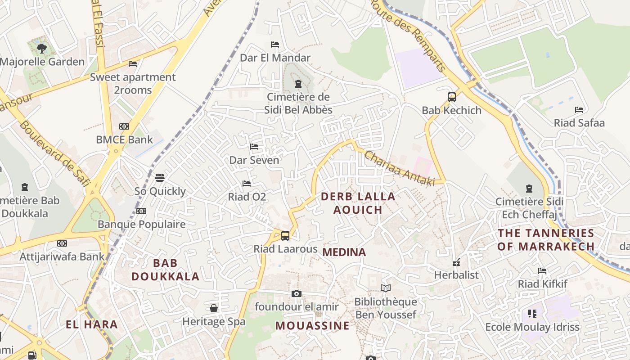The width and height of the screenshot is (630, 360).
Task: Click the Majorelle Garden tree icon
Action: click(42, 48)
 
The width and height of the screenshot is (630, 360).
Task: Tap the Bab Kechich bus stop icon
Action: click(451, 97)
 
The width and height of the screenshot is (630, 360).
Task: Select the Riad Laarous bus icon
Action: click(285, 235)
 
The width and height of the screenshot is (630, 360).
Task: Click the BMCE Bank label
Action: click(124, 139)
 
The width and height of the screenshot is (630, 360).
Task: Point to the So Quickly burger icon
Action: click(160, 178)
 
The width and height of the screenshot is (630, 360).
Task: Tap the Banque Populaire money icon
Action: click(141, 211)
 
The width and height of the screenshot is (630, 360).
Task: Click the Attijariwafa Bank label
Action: click(62, 257)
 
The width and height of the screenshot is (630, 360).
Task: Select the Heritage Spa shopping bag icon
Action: click(214, 308)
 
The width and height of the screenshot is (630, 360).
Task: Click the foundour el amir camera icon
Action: click(296, 293)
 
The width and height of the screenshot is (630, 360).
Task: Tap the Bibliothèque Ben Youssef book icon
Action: click(385, 288)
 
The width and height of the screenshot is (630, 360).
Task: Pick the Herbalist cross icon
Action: click(456, 262)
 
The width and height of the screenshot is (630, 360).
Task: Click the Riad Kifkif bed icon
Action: click(542, 271)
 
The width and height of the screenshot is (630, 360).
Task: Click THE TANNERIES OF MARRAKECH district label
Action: click(546, 240)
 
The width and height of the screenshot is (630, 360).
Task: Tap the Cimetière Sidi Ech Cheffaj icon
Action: click(529, 188)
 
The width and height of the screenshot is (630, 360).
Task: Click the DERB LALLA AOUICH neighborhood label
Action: click(358, 203)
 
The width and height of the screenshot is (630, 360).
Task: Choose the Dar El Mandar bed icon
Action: click(275, 45)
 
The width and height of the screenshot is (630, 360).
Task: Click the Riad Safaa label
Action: click(579, 123)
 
